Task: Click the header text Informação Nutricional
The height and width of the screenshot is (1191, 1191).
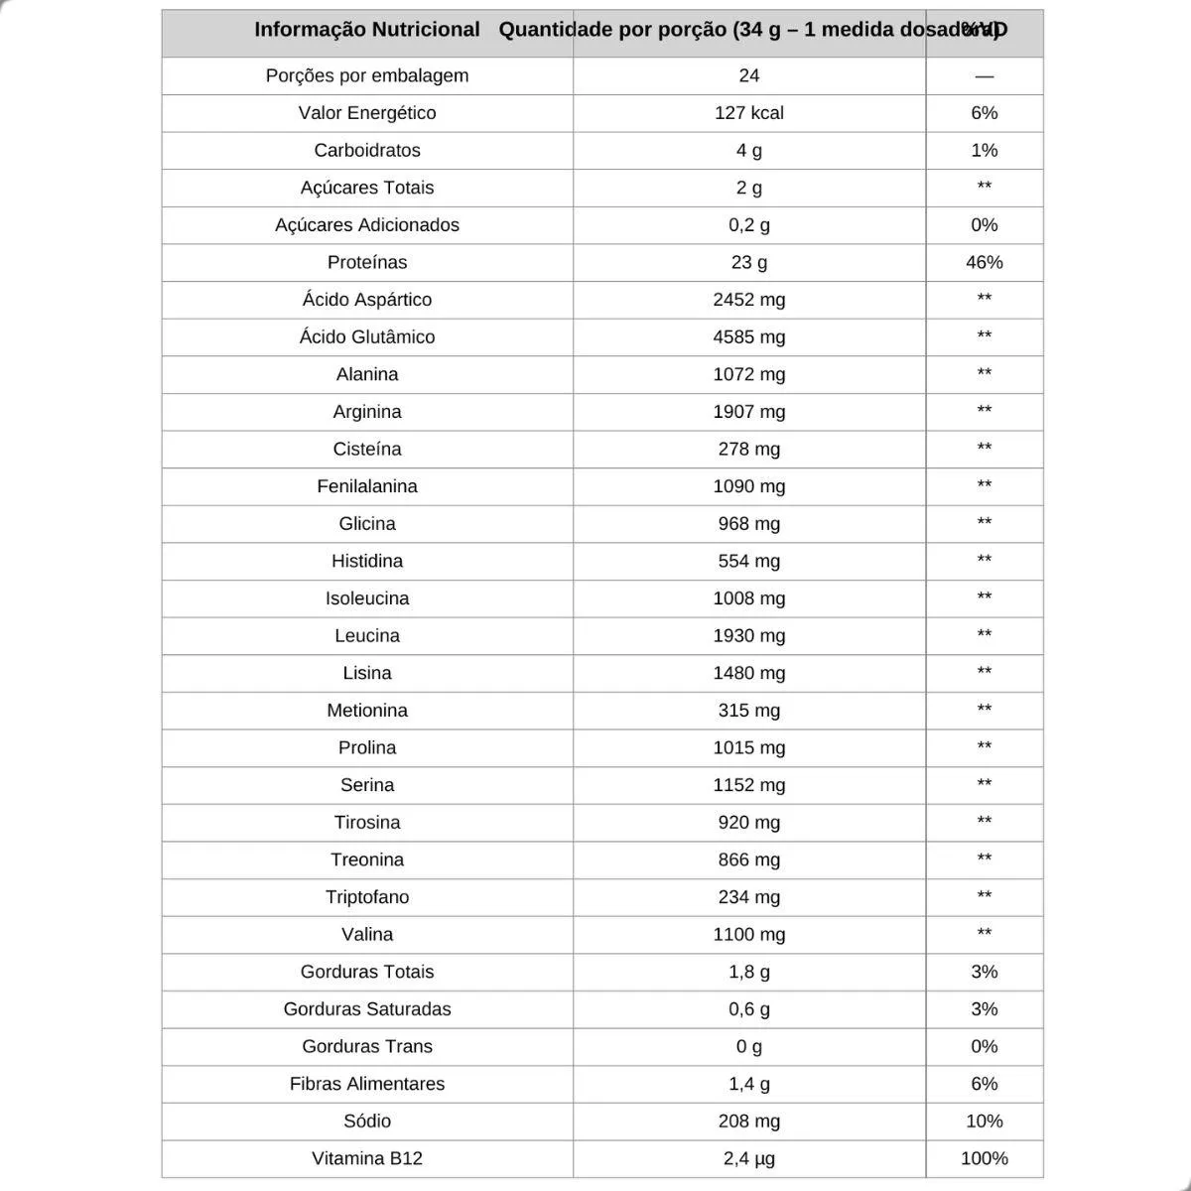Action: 366,30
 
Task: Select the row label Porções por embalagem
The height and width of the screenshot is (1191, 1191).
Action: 366,75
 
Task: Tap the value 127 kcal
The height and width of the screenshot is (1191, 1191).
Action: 748,113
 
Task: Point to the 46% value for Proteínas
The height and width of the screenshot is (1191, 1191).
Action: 984,262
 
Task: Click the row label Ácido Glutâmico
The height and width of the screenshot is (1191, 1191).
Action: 366,336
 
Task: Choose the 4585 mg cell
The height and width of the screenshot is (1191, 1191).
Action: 748,336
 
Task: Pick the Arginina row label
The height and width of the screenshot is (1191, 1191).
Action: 366,411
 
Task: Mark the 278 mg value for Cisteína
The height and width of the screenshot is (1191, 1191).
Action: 748,449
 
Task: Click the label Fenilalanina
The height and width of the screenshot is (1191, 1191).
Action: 366,486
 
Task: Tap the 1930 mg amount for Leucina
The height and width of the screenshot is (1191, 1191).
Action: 748,635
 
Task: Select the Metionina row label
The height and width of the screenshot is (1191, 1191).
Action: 366,710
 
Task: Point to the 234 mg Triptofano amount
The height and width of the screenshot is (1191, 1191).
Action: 748,896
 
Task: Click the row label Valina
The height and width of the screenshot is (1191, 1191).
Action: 366,934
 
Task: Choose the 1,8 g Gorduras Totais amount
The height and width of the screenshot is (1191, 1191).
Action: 748,972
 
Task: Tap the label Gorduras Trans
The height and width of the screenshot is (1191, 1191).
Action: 366,1046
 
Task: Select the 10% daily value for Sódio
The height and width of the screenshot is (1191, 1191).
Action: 984,1121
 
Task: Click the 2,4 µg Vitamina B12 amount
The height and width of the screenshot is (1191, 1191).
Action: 748,1158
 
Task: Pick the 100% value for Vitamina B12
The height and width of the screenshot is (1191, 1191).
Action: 984,1158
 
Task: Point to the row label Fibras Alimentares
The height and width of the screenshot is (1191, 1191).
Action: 366,1084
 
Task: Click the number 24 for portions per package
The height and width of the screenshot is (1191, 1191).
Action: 748,75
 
